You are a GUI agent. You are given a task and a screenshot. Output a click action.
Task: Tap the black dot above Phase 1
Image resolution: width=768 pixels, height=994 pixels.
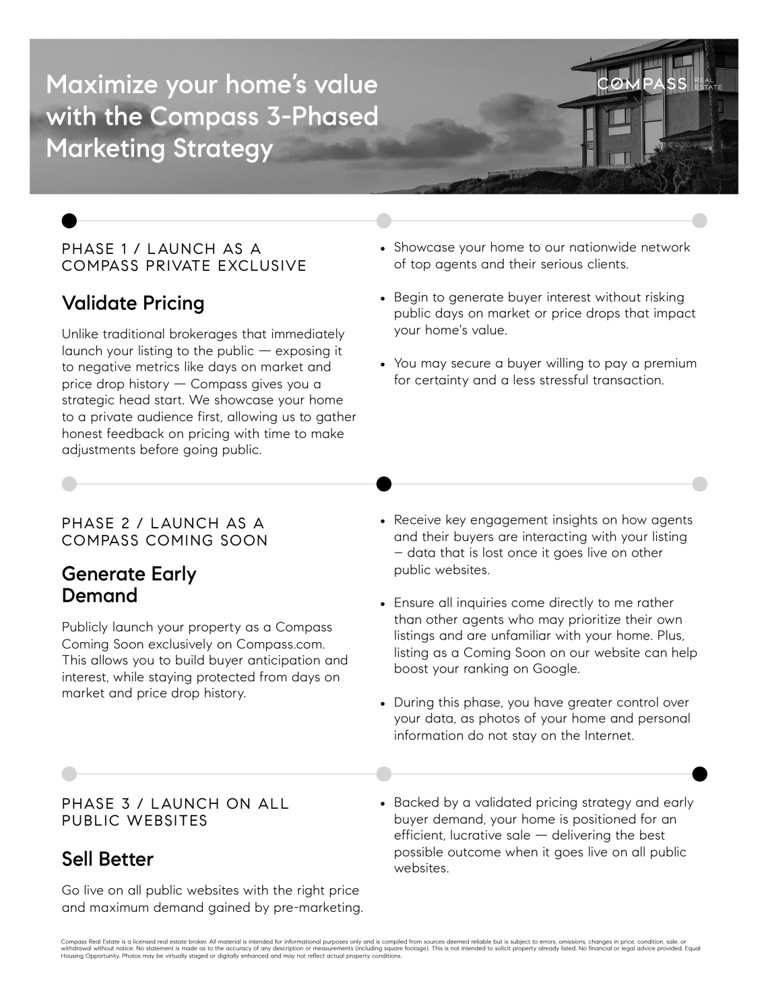(69, 220)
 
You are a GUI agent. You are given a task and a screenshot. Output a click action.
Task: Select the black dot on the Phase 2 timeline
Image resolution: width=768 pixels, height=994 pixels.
(383, 484)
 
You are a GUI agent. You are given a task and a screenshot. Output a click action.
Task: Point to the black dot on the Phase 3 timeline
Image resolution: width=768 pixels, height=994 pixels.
(700, 773)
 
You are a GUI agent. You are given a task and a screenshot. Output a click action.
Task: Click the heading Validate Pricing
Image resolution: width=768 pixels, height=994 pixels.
(133, 303)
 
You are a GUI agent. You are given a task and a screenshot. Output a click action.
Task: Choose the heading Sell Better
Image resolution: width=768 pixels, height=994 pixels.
(108, 859)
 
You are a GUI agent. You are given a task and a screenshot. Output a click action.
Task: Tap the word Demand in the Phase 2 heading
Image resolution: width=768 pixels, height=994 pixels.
(99, 596)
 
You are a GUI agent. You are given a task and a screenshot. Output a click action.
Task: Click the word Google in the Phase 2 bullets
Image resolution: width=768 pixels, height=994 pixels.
(556, 669)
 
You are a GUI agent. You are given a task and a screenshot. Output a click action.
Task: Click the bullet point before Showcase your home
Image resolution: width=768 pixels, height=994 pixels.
(383, 249)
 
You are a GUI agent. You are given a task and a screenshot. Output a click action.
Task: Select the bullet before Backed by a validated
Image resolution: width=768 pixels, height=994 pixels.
(383, 803)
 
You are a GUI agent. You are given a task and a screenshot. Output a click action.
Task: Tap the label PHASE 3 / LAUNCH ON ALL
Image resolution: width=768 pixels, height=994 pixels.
(175, 803)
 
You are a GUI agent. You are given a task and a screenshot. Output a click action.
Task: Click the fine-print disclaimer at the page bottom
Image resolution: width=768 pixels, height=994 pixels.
(381, 948)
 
